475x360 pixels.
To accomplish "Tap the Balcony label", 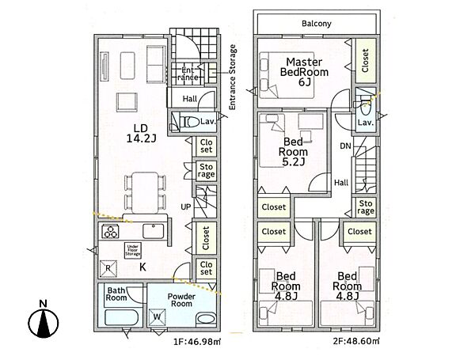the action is pos(316,24).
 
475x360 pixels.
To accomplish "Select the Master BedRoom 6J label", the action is pos(304,72).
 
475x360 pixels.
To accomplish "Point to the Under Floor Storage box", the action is pos(133,250).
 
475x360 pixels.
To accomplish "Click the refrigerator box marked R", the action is pos(108,268).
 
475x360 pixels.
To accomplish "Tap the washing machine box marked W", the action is pos(157,317).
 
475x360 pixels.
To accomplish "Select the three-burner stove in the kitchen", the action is pos(110,231).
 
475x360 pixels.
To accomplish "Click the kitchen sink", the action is pos(154,231).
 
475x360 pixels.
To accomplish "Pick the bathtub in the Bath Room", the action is pos(122,317).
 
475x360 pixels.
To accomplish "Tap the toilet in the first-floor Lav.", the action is pos(188,122).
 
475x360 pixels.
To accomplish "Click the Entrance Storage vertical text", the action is pos(232,78).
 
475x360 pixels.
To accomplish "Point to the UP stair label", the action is pos(186,207).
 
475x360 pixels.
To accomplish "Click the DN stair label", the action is pos(345,146).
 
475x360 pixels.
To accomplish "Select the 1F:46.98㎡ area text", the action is pos(196,342).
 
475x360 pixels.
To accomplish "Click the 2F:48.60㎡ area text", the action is pos(356,341).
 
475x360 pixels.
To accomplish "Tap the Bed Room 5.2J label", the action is pos(293,152).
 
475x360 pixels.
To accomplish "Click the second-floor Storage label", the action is pos(366,207).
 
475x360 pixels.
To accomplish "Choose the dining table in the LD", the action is pos(145,192).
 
